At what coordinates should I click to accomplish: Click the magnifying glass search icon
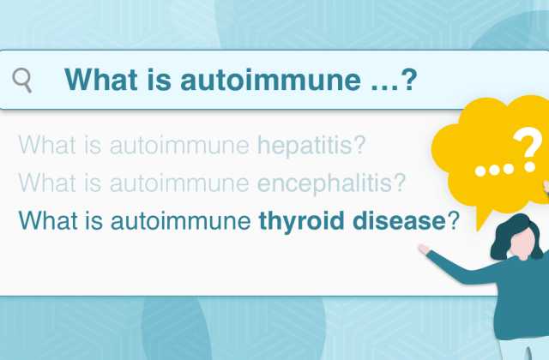click(22, 81)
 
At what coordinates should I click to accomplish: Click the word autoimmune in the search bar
click(270, 80)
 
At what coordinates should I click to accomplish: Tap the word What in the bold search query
click(101, 80)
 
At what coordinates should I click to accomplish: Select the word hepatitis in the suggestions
click(311, 145)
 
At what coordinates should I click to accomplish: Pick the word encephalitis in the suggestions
click(332, 183)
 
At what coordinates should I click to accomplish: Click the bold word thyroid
click(301, 221)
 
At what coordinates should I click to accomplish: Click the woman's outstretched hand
click(424, 249)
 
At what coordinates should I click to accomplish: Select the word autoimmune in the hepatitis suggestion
click(179, 145)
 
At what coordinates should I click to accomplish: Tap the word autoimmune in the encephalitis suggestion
click(179, 183)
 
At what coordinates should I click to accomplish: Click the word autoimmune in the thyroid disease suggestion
click(181, 221)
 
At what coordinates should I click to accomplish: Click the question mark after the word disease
click(452, 221)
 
